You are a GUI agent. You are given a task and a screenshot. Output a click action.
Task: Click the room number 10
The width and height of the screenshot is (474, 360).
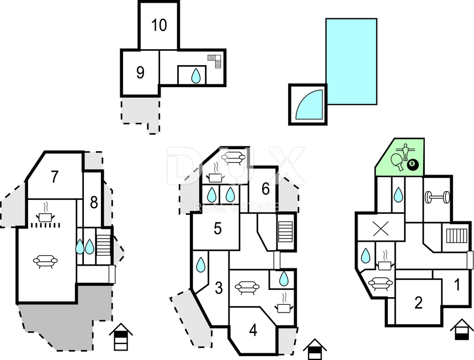coord(159,25)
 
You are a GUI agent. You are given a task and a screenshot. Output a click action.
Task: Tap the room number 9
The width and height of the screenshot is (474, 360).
coord(140,72)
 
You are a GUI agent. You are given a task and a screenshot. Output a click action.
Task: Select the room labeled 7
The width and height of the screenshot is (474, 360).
coord(55,177)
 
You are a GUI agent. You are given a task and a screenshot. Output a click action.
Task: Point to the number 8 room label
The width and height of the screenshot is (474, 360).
coord(94,202)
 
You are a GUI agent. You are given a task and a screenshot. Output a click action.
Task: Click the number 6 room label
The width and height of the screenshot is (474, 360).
coord(265,189)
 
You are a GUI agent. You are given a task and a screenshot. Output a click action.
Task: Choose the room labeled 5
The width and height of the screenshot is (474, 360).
coord(217,229)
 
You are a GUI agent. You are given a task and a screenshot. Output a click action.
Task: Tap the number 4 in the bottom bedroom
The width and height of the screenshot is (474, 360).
coord(253,330)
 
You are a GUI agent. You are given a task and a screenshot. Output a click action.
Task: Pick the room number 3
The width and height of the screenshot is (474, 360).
coord(219,288)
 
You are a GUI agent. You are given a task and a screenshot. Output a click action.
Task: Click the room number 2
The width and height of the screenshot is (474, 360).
coord(418,303)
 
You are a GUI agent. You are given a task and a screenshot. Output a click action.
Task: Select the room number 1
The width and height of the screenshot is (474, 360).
coord(457,285)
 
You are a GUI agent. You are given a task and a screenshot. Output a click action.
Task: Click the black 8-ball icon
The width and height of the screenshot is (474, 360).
coord(413,165)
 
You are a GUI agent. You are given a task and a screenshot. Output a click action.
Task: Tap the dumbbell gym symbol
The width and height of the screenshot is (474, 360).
coord(437,198)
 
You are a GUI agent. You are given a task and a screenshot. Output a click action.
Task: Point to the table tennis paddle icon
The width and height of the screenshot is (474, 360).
coord(397,161)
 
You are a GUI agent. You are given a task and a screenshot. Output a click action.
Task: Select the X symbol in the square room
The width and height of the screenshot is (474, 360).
coord(381,229)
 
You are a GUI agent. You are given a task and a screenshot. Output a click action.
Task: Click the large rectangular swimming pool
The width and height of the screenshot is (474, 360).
coord(351,61)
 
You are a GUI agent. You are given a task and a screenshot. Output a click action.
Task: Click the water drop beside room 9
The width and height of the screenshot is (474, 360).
coord(196,76)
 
